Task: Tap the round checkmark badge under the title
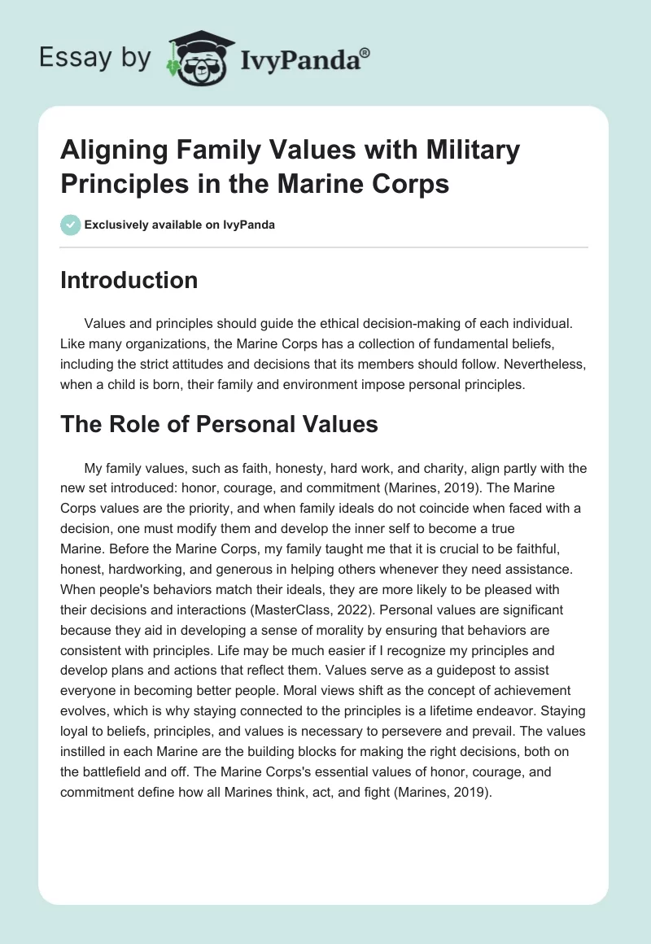tap(70, 224)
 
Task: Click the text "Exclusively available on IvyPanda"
tap(179, 225)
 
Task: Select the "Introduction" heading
tap(129, 281)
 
